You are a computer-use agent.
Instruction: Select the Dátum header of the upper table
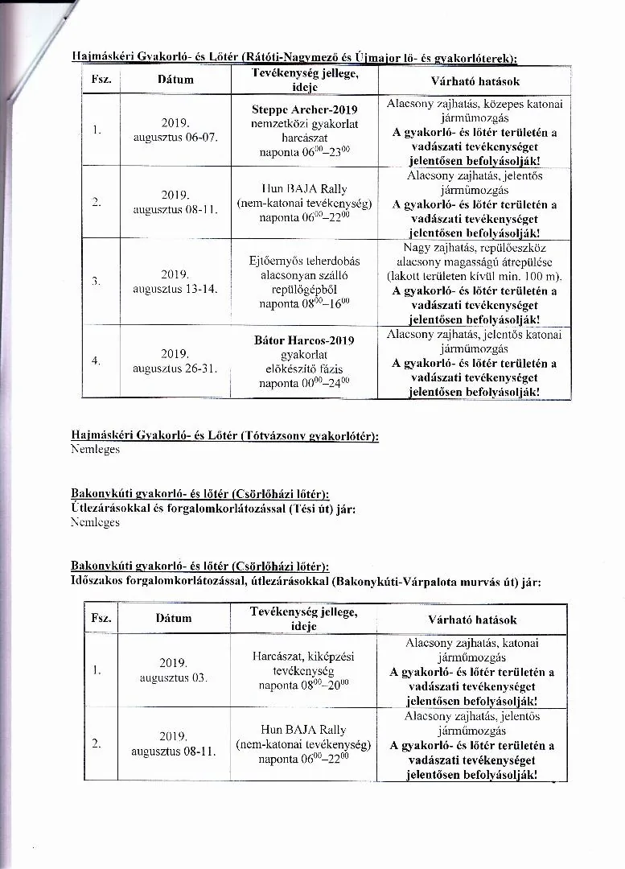(175, 80)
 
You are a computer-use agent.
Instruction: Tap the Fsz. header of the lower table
(101, 619)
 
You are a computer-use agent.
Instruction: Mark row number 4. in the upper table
(96, 360)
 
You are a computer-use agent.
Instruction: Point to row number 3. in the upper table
(96, 281)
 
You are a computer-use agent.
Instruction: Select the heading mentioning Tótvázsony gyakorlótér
(225, 435)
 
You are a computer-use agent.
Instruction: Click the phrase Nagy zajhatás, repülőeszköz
(474, 248)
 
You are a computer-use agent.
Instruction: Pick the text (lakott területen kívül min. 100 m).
(474, 276)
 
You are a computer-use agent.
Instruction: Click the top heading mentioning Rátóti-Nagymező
(294, 58)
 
